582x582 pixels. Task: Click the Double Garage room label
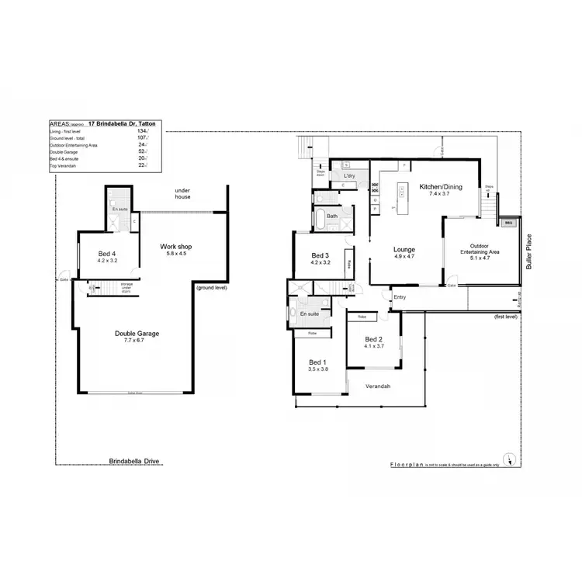point(137,333)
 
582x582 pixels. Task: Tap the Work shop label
point(175,246)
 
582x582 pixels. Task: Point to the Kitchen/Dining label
point(441,187)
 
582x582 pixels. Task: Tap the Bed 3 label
point(320,255)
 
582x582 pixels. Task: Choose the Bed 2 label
point(374,339)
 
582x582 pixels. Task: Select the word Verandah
point(376,386)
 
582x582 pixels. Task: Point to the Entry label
point(400,296)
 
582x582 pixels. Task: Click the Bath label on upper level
point(332,217)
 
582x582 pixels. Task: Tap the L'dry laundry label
point(348,177)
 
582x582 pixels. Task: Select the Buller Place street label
point(528,251)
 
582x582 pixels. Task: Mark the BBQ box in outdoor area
point(508,222)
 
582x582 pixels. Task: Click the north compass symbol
point(507,457)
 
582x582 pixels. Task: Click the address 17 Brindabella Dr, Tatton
point(123,123)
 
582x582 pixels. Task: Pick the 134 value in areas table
point(141,131)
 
